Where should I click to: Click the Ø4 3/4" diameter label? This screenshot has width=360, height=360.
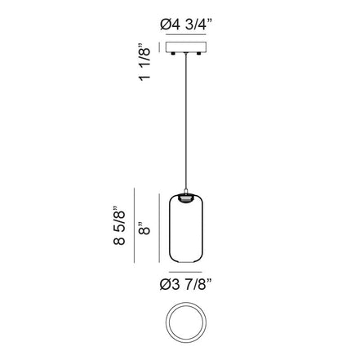click(186, 25)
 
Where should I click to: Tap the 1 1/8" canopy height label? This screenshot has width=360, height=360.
click(144, 62)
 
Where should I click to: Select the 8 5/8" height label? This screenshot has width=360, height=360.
click(120, 225)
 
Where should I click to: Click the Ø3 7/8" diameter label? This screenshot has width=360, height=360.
click(186, 285)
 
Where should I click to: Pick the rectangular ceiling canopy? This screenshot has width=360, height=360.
click(185, 47)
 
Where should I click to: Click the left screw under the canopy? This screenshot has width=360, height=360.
click(172, 53)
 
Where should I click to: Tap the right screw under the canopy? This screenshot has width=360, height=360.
click(199, 53)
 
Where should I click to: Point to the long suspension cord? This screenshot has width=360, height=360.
click(185, 121)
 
